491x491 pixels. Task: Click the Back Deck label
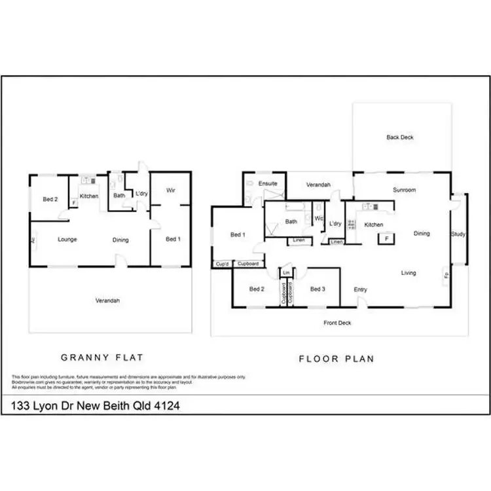(x=400, y=137)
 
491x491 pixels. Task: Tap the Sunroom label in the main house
(x=404, y=190)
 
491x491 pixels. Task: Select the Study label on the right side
(x=458, y=234)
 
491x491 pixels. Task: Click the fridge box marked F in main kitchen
(x=387, y=239)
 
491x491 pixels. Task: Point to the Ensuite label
(x=268, y=184)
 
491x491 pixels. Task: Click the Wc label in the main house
(x=318, y=218)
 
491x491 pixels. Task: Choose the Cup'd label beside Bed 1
(x=221, y=264)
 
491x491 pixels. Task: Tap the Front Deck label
(x=338, y=323)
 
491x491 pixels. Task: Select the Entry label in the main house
(x=360, y=289)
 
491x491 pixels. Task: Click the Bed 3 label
(x=318, y=289)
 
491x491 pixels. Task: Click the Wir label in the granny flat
(x=171, y=191)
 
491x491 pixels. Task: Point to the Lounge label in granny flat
(x=67, y=240)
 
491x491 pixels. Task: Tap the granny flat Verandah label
(x=108, y=301)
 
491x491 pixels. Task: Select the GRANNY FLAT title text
(x=101, y=358)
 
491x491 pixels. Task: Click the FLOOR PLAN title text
(x=336, y=359)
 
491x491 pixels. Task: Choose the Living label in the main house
(x=409, y=273)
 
